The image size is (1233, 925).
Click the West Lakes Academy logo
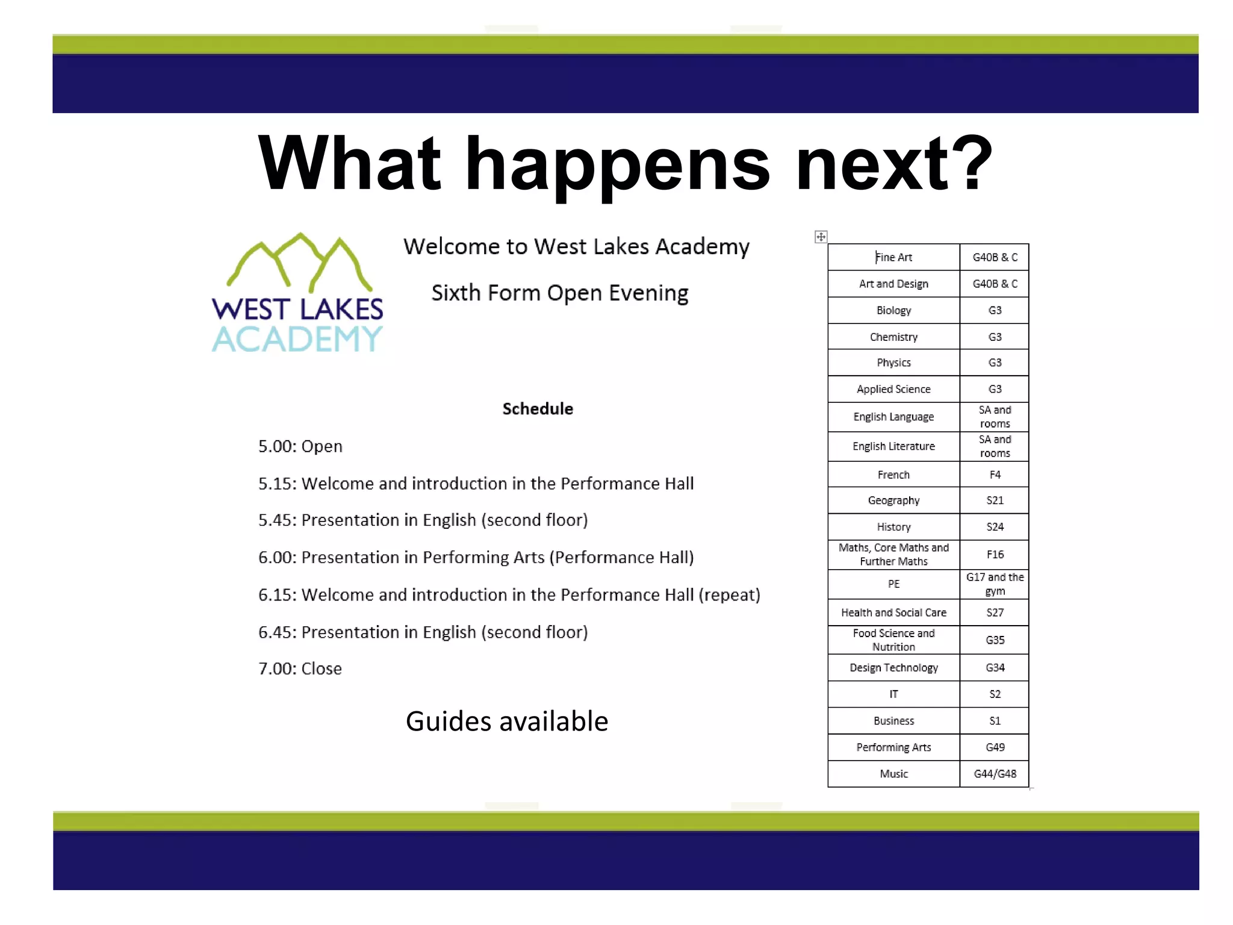(297, 293)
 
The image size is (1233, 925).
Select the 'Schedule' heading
(538, 409)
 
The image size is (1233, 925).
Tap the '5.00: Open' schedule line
(300, 446)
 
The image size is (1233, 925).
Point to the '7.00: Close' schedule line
(300, 668)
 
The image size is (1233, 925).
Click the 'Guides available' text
(507, 721)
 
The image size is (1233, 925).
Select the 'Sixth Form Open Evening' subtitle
(560, 293)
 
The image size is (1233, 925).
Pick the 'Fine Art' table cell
(893, 257)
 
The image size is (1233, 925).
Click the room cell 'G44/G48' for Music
(995, 774)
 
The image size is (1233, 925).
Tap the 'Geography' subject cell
(893, 500)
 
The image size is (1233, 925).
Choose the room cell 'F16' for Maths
(995, 554)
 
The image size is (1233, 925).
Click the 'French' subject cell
(893, 475)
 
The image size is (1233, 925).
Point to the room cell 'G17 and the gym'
(995, 584)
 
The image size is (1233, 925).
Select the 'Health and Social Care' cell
(893, 612)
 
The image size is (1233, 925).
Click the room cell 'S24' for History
(995, 527)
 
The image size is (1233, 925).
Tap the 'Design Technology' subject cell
(893, 668)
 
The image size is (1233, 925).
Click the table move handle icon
(821, 237)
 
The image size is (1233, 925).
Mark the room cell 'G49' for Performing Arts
(995, 747)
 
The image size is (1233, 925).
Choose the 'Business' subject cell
(893, 721)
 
